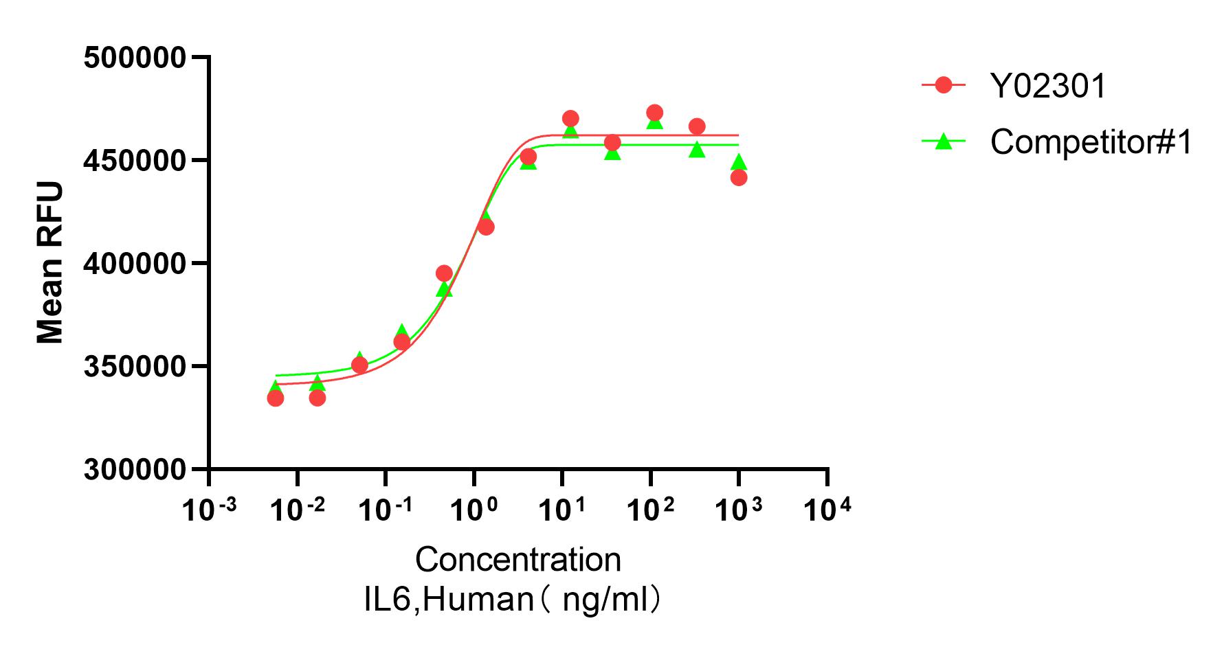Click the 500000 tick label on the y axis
point(135,58)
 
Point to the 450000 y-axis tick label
point(135,161)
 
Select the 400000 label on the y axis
point(135,264)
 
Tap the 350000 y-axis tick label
point(135,367)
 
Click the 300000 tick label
point(135,470)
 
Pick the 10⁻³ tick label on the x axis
point(209,510)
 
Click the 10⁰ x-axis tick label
point(474,510)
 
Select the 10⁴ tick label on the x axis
point(827,510)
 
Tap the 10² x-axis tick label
point(651,510)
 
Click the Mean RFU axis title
point(50,263)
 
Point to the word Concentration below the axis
point(518,560)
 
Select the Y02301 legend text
point(1047,87)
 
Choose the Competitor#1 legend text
point(1091,142)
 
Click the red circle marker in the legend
point(944,85)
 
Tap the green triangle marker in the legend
point(944,141)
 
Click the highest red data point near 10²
point(655,113)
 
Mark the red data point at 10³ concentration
point(739,178)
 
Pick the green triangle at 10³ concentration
point(739,162)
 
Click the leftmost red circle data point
point(276,398)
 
